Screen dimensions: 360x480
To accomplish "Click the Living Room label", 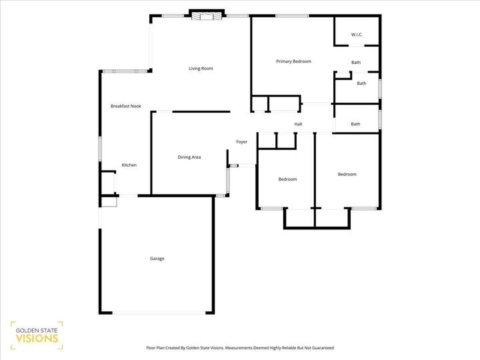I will [x=201, y=68].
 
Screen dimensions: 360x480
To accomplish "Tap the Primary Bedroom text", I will [x=293, y=61].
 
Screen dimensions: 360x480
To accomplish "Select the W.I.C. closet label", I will [x=356, y=35].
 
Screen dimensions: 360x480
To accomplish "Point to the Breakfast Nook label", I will [x=126, y=106].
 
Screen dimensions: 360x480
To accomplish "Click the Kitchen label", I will [x=129, y=165].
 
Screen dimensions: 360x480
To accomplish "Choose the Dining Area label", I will [x=189, y=157].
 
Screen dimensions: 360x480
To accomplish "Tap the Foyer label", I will [x=241, y=141].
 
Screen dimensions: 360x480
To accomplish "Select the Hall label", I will [x=298, y=124].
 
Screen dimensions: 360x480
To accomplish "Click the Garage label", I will [x=157, y=259].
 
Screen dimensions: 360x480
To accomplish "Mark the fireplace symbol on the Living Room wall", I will [x=205, y=16].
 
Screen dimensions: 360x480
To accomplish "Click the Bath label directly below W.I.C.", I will [x=356, y=63].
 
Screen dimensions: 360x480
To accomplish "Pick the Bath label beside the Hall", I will [x=355, y=124].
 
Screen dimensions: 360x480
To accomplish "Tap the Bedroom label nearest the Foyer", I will [x=287, y=179].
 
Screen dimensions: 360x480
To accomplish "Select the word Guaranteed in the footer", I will [x=319, y=347].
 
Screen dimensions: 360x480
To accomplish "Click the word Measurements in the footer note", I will [x=237, y=347].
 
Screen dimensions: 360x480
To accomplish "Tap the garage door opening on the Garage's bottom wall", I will [x=158, y=313].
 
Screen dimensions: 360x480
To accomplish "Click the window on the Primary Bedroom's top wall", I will [x=287, y=16].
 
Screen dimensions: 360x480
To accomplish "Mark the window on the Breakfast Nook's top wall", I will [x=124, y=71].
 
